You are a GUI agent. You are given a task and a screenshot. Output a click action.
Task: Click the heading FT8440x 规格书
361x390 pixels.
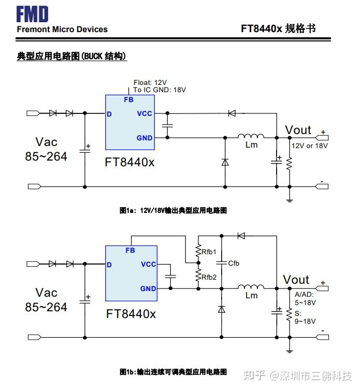278,28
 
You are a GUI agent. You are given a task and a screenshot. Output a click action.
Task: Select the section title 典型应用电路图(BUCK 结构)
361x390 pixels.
72,56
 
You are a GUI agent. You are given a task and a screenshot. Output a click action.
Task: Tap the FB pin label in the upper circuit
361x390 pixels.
128,100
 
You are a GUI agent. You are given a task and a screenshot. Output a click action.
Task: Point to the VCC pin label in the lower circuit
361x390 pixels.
148,264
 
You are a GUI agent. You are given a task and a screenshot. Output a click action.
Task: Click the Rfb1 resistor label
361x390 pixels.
209,252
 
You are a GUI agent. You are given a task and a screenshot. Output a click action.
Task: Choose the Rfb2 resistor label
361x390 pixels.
209,277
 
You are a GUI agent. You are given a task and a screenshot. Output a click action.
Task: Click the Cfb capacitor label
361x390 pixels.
234,263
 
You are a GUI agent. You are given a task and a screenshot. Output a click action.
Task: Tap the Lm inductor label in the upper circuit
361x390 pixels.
251,145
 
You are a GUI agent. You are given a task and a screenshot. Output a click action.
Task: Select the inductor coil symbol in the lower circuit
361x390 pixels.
251,286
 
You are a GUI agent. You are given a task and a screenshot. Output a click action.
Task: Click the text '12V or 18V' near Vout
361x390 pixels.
310,146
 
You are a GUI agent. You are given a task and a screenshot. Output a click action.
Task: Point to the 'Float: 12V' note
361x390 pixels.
150,82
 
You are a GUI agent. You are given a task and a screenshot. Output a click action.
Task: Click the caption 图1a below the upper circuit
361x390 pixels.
173,210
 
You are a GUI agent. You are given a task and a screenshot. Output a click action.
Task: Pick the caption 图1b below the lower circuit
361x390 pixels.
173,372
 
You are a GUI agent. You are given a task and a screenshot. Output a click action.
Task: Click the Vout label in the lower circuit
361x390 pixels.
296,280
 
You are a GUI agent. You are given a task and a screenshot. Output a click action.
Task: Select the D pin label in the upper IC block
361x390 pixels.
109,114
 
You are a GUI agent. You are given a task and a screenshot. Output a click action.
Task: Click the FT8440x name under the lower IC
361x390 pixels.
131,314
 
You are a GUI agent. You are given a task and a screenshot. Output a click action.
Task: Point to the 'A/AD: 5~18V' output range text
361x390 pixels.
305,298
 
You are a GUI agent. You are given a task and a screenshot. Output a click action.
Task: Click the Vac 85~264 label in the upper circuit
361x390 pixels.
46,149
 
